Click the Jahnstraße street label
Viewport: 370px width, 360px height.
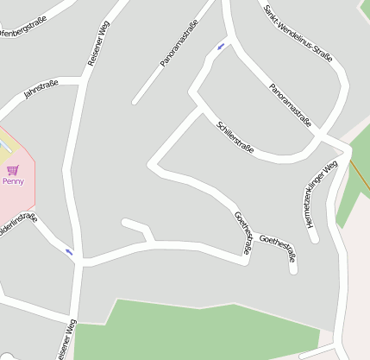(41, 89)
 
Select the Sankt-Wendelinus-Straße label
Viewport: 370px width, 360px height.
(298, 33)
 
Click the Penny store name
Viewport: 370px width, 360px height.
(13, 181)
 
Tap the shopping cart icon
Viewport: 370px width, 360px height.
(12, 170)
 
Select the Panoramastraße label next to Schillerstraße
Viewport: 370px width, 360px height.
(290, 105)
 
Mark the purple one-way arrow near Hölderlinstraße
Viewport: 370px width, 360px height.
(69, 252)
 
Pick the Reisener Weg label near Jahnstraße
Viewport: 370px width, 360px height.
(98, 44)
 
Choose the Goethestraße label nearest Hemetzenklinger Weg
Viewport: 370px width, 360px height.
(283, 249)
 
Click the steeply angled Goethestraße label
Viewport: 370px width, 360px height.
(243, 232)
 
